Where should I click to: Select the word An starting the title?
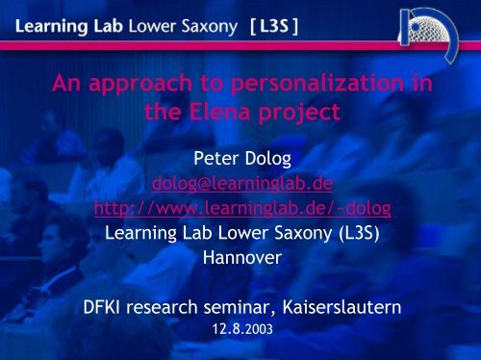click(65, 87)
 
